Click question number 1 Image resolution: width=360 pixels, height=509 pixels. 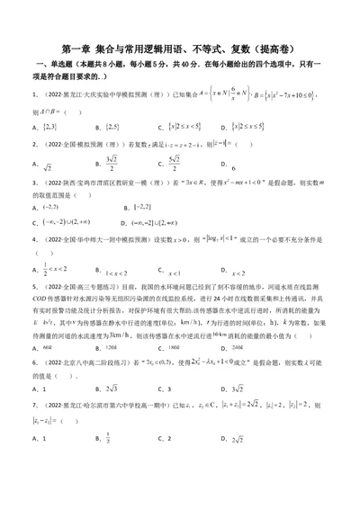pyautogui.click(x=33, y=93)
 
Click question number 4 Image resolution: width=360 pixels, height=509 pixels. pyautogui.click(x=33, y=238)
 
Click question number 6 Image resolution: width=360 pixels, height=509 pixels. pyautogui.click(x=33, y=388)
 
